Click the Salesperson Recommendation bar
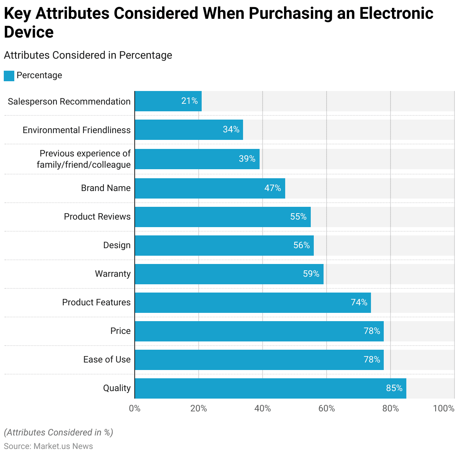tap(168, 101)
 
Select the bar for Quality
tap(270, 388)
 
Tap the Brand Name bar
tap(210, 188)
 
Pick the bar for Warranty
tap(229, 274)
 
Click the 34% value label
tap(231, 129)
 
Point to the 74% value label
tap(359, 302)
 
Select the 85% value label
tap(394, 388)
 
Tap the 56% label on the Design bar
tap(301, 245)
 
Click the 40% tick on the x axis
tap(263, 408)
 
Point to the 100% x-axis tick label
tap(444, 408)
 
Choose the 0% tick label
tap(135, 408)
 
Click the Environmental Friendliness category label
tap(77, 130)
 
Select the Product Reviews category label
tap(97, 217)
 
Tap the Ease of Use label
tap(107, 359)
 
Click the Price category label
tap(120, 331)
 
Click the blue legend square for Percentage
tap(9, 76)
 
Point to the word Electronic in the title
tap(396, 14)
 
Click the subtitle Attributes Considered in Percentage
tap(88, 55)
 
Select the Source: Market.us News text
tap(49, 446)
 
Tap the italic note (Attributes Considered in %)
tap(58, 432)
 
